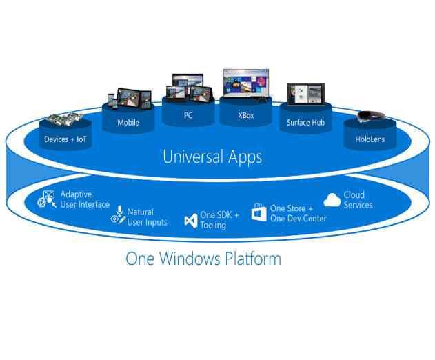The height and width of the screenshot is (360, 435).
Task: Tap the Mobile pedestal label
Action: click(x=128, y=123)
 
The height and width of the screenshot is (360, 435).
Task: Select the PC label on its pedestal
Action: click(x=188, y=116)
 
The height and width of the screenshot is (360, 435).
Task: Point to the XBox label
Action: click(x=245, y=116)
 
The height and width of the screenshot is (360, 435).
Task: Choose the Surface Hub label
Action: click(x=305, y=123)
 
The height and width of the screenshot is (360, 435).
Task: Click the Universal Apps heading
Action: click(x=212, y=157)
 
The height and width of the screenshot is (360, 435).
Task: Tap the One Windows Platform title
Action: click(x=203, y=259)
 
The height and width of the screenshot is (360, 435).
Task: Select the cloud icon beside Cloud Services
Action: click(x=332, y=200)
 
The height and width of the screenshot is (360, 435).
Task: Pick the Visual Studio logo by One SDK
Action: click(x=192, y=221)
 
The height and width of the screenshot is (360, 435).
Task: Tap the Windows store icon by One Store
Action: click(x=259, y=213)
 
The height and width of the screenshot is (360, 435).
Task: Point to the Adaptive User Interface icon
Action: click(x=48, y=200)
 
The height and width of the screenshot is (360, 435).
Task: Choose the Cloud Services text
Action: click(x=358, y=200)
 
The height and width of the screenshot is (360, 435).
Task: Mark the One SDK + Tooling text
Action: click(x=219, y=221)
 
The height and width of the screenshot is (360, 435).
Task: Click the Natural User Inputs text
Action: click(x=148, y=217)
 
